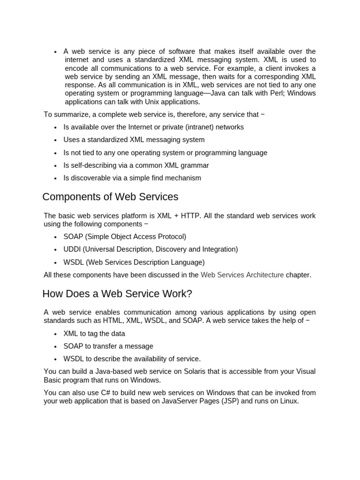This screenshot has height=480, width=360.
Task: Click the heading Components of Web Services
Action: [110, 197]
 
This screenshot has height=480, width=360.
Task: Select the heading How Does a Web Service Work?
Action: [117, 294]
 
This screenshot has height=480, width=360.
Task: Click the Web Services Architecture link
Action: [242, 275]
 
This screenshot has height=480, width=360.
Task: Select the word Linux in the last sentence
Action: [288, 401]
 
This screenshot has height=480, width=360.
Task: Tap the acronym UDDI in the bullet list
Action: [72, 249]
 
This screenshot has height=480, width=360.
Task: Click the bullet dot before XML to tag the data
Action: [55, 334]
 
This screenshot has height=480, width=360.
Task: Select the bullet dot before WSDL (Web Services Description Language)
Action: [55, 263]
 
